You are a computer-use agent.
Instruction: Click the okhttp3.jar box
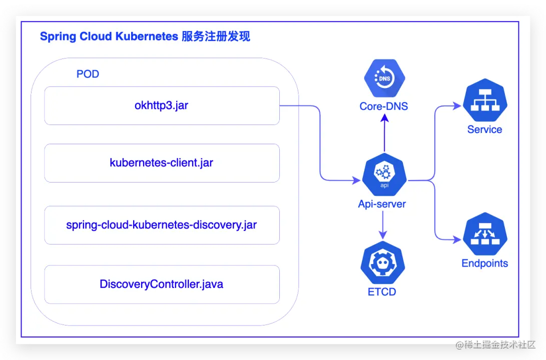[x=162, y=105]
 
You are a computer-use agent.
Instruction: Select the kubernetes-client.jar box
[x=162, y=163]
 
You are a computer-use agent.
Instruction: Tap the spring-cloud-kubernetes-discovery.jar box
[x=162, y=225]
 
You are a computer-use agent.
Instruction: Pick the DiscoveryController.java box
[x=162, y=284]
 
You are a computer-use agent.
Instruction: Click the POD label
[x=88, y=74]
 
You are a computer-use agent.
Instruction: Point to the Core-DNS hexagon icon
[x=384, y=78]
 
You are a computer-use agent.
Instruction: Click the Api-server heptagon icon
[x=384, y=174]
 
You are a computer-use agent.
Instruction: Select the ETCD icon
[x=383, y=262]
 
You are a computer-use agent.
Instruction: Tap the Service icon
[x=485, y=100]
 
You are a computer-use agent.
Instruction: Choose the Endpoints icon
[x=485, y=234]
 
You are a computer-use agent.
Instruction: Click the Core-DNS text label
[x=384, y=106]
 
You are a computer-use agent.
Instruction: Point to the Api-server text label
[x=382, y=204]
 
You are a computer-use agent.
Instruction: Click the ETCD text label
[x=382, y=292]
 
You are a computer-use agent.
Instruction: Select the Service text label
[x=485, y=129]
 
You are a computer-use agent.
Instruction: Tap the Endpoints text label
[x=485, y=263]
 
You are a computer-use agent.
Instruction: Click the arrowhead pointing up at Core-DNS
[x=384, y=118]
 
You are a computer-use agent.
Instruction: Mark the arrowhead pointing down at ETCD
[x=383, y=235]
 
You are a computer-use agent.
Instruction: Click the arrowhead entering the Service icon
[x=457, y=105]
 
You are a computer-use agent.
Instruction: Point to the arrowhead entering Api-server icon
[x=356, y=180]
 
